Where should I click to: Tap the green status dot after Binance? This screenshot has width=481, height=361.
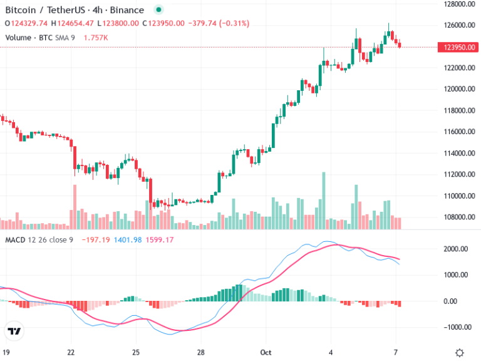pos(157,10)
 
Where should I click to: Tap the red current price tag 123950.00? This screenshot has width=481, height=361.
pos(456,47)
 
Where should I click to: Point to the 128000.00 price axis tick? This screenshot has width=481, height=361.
pos(456,4)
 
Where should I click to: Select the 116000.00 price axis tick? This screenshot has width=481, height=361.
pos(456,132)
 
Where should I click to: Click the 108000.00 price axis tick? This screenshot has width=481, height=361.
pos(456,217)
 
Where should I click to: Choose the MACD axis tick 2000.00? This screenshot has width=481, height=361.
pos(456,249)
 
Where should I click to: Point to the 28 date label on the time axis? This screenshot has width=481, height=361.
pos(201,353)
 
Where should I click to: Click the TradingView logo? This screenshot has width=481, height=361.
pos(14,331)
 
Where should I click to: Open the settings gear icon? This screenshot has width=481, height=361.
pos(460,353)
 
